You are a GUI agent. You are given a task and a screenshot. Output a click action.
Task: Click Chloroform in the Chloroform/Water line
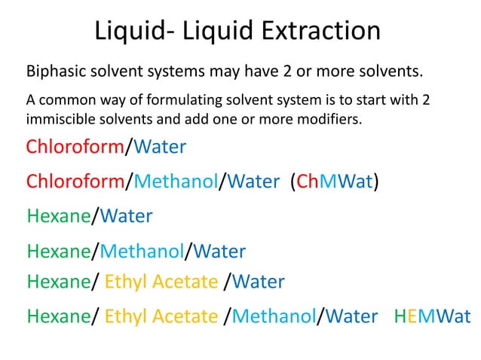tap(75, 146)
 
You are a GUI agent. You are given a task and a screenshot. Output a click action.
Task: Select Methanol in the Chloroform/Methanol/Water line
tap(176, 182)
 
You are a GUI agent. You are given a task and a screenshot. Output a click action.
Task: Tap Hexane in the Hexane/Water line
tap(58, 216)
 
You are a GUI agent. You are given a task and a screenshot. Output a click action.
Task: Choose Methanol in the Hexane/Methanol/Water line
tap(142, 251)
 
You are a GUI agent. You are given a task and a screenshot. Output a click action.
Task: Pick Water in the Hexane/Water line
tap(125, 216)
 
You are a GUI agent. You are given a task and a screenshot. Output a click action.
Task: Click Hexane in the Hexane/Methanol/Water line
tap(58, 251)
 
